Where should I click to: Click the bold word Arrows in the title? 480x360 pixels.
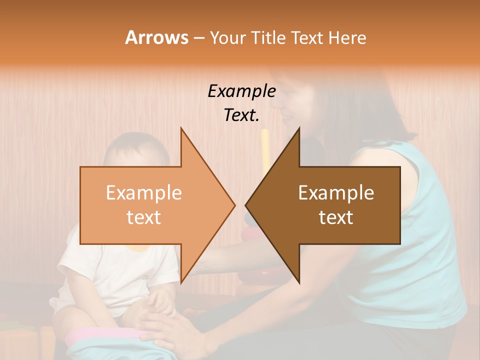click(156, 37)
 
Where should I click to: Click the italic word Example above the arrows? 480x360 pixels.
click(241, 91)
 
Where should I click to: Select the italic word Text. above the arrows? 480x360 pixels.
click(241, 115)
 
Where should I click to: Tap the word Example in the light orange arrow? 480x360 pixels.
click(144, 193)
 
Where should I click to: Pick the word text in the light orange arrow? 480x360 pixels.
click(144, 217)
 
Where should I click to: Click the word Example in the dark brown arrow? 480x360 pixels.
click(336, 193)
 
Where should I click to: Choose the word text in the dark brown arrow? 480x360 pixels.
click(336, 217)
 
